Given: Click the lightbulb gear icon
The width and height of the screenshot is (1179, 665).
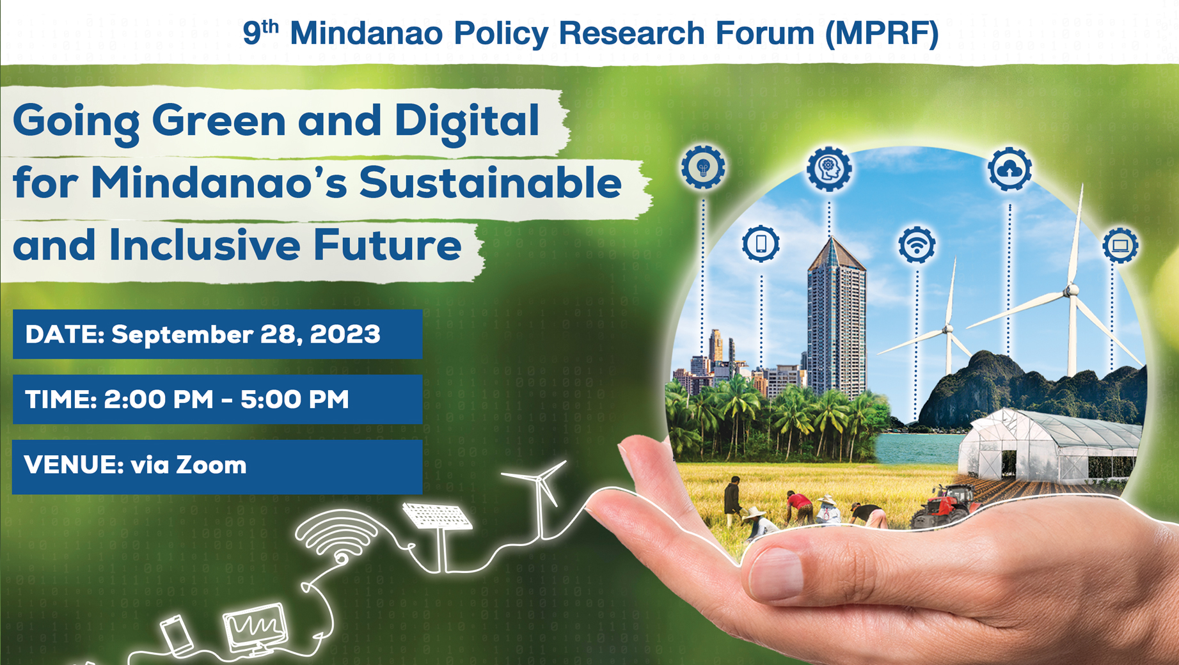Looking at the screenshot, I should click(x=703, y=168).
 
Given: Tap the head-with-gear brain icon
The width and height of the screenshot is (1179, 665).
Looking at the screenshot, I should click(x=829, y=168).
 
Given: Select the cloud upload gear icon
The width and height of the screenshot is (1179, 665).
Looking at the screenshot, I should click(x=1009, y=169).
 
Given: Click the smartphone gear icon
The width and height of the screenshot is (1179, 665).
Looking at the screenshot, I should click(x=761, y=244).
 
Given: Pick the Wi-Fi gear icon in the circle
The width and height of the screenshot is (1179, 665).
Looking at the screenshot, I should click(x=917, y=245).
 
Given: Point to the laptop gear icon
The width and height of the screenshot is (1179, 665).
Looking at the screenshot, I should click(x=1120, y=245).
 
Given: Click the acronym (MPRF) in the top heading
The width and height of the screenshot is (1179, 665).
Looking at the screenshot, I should click(x=882, y=33).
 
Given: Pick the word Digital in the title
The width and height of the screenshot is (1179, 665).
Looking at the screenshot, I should click(x=466, y=120).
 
